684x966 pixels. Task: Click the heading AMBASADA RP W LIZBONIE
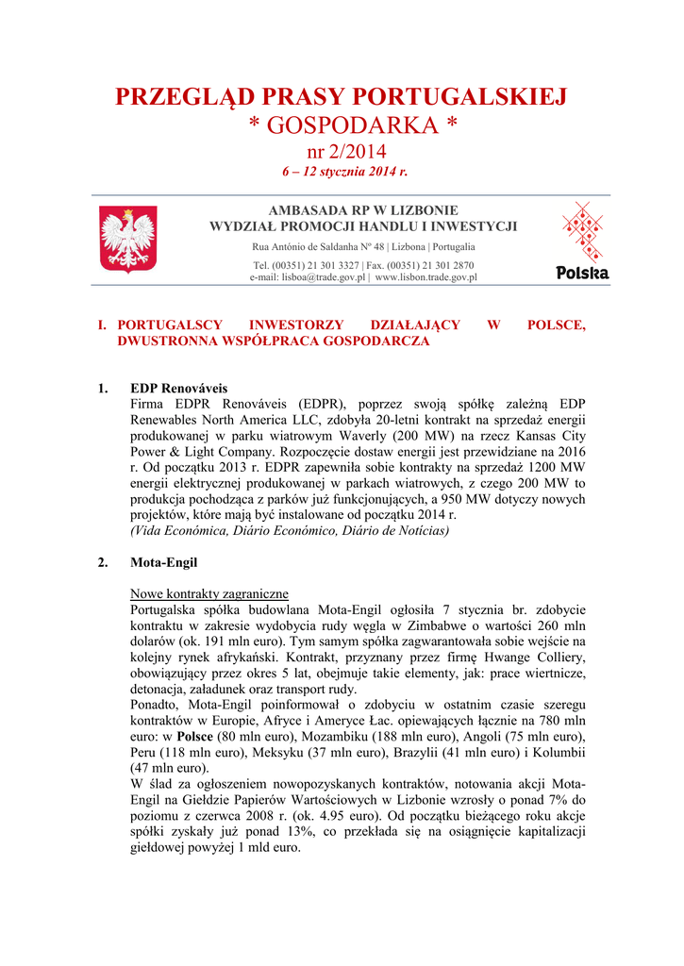363,210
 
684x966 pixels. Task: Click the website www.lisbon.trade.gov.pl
426,278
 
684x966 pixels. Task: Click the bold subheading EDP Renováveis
179,388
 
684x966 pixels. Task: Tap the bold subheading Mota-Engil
164,563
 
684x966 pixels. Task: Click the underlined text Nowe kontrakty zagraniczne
209,594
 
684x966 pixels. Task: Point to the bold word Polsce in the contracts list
196,737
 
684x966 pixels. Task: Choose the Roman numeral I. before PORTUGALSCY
104,325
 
